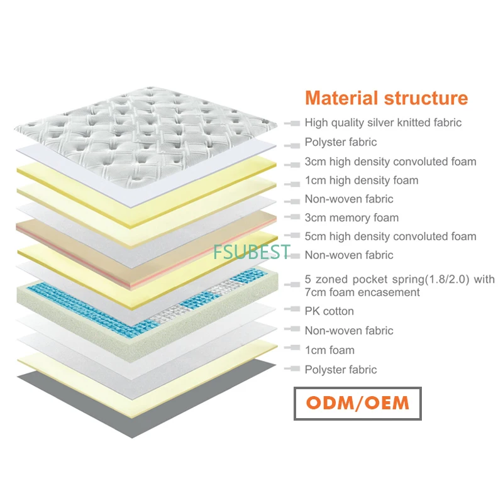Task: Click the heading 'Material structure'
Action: coord(386,98)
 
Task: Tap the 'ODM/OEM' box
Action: coord(358,402)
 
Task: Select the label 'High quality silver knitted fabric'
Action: coord(383,123)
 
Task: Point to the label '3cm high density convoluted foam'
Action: coord(390,162)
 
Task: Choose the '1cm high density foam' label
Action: coord(362,180)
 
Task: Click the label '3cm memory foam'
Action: coord(351,218)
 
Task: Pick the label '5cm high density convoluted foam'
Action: coord(390,236)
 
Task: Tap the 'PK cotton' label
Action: coord(329,311)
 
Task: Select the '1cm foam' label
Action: coord(329,350)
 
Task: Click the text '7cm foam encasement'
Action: coord(362,292)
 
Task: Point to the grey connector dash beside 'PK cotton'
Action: coord(291,311)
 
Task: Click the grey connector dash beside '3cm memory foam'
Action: coord(291,218)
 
